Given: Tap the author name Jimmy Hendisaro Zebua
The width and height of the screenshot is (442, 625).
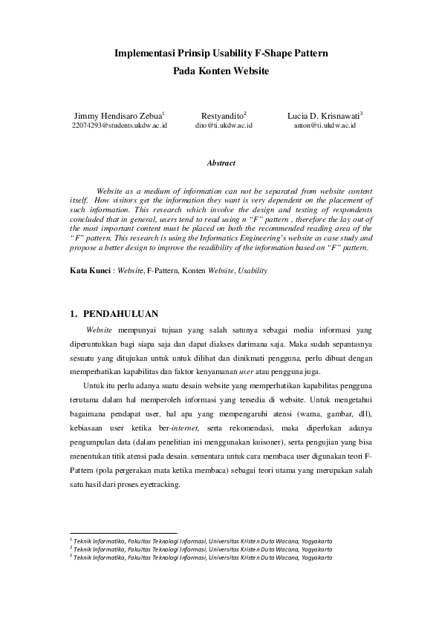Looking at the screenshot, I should coord(118,117).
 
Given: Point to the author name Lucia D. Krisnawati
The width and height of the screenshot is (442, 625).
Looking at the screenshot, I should coord(324,117).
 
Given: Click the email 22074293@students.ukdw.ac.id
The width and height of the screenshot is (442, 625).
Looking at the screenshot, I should coord(119,126).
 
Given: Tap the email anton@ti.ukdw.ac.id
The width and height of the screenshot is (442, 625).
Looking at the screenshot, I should coord(325,126).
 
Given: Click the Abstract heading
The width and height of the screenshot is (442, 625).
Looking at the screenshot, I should coord(221,163).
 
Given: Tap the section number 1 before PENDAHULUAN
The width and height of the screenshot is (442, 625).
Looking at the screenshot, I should coord(71,314).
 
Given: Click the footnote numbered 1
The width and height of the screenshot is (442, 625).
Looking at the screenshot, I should coord(201,541).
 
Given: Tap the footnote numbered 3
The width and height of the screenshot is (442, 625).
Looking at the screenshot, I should coord(201,557).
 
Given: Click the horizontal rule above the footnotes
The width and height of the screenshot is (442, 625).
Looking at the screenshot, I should coord(123,533).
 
